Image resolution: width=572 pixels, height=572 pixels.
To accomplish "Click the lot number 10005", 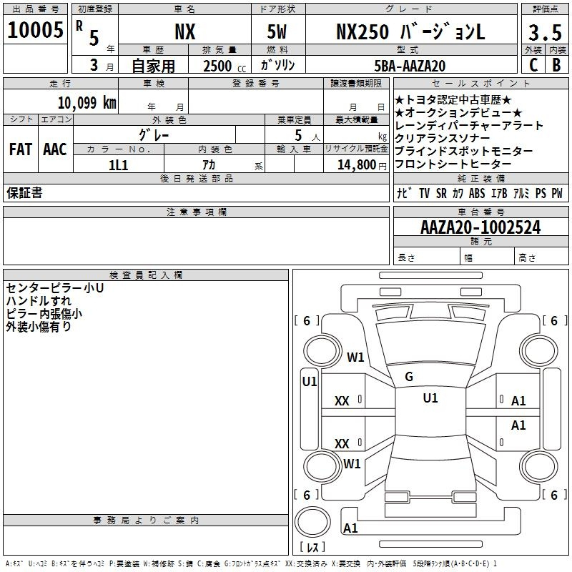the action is click(x=35, y=29).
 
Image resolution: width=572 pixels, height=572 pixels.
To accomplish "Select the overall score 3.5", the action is click(x=545, y=32).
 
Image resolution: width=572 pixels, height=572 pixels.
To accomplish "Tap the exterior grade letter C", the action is click(x=533, y=65).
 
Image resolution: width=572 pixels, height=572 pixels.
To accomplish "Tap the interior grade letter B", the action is click(x=556, y=65).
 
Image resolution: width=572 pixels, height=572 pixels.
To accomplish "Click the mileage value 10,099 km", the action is click(x=87, y=103).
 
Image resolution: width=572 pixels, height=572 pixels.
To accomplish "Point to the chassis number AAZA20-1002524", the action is click(x=480, y=227).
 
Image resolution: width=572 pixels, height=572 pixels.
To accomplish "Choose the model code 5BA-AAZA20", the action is click(x=410, y=66).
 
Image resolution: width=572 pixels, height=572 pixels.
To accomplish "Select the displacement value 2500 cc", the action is click(x=225, y=66).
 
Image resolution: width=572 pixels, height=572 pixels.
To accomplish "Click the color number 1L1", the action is click(x=118, y=165).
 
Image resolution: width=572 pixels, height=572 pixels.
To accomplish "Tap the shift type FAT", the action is click(x=21, y=149).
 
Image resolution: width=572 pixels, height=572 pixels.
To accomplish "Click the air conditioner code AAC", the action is click(x=55, y=149).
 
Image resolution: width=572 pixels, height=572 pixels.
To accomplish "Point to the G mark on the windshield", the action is click(x=409, y=377).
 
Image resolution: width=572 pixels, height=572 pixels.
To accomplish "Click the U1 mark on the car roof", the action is click(x=430, y=398).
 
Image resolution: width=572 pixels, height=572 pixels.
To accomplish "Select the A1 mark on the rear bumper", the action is click(x=350, y=528).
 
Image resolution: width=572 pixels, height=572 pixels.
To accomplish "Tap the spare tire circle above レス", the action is click(x=312, y=521).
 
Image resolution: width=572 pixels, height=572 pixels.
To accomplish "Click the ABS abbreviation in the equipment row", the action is click(x=477, y=193).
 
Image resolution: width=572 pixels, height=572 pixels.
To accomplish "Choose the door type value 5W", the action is click(x=277, y=31).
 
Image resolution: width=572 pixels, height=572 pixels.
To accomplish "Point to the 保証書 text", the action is click(x=24, y=193).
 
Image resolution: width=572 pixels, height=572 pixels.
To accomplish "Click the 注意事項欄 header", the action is click(x=196, y=212).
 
